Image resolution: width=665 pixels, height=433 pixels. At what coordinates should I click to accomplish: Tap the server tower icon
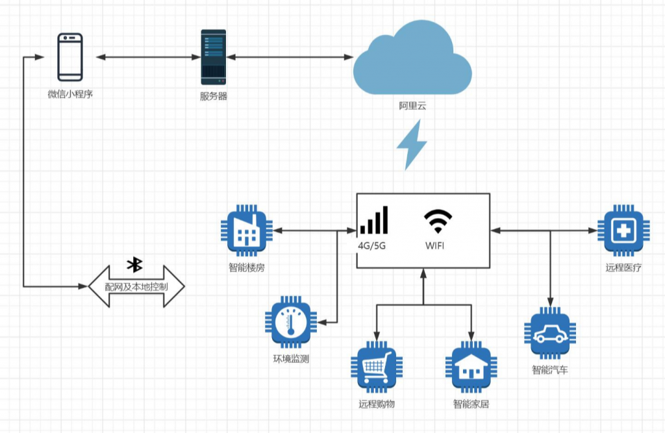214,57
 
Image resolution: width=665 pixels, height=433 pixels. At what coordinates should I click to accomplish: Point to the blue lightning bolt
412,146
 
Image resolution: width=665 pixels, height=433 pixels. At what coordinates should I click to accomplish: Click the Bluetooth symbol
135,264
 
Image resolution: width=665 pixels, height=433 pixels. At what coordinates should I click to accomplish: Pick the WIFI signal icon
439,221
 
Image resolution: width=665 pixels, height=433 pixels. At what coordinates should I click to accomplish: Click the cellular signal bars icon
374,221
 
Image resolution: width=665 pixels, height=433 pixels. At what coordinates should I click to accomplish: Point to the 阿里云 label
412,106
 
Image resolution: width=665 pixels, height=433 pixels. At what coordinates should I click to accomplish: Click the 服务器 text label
214,97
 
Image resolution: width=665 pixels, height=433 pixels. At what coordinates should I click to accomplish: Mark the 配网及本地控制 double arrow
136,286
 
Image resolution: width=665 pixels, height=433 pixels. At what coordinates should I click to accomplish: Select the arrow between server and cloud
290,58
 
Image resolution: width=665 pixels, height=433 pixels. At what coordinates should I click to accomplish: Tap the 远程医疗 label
623,267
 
